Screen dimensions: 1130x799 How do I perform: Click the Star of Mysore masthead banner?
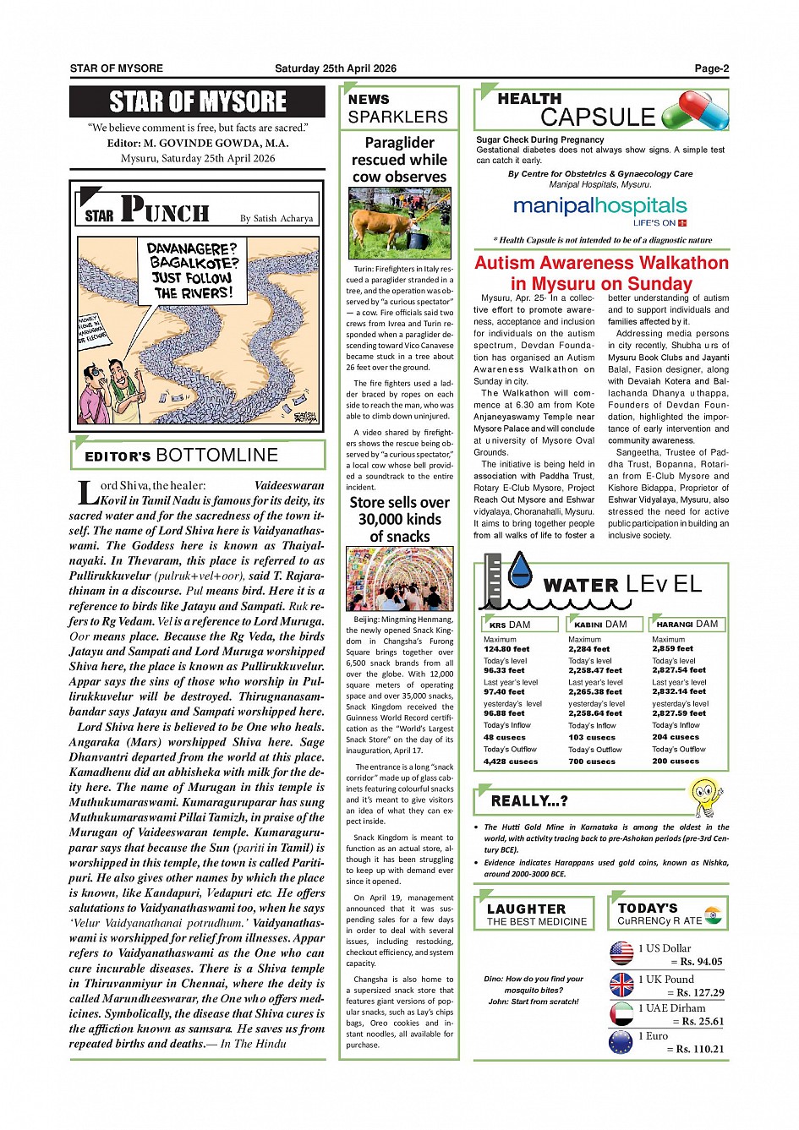tap(197, 101)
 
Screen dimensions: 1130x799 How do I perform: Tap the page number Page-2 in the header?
tap(711, 68)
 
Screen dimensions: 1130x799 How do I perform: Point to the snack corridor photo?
tap(399, 578)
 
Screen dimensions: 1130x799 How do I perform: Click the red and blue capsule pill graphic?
tap(695, 111)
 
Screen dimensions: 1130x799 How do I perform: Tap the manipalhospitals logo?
tap(599, 208)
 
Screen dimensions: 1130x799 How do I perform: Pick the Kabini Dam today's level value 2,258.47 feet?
tap(594, 670)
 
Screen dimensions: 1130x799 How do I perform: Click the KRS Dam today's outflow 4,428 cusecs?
tap(510, 761)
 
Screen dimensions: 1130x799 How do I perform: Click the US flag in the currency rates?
tap(621, 953)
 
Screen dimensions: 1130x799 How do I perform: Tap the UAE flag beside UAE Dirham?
tap(621, 1013)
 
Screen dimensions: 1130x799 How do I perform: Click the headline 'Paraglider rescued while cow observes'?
tap(399, 160)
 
